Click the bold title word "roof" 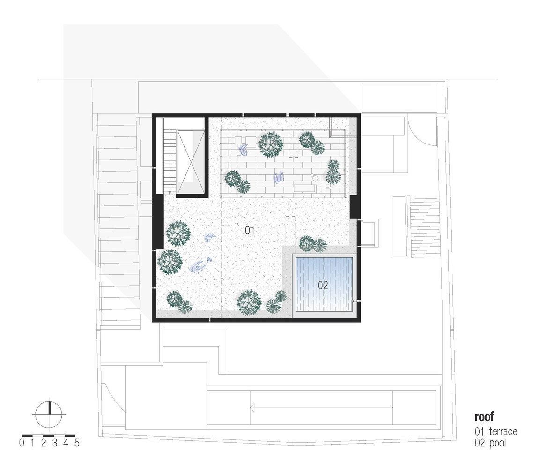point(484,416)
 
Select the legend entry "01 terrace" point(496,431)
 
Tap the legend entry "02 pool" point(490,443)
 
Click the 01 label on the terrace point(249,230)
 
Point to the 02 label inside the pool point(323,285)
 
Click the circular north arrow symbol point(49,414)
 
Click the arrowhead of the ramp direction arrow point(253,408)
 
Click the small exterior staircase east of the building point(425,227)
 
